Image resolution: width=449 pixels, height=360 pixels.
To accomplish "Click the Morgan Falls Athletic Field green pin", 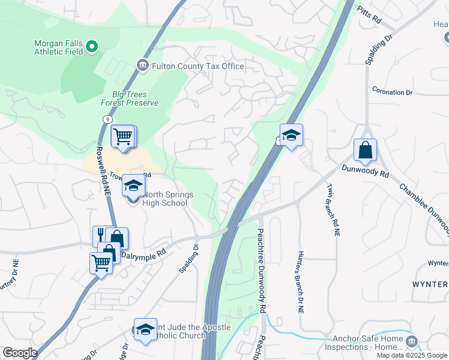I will point(92,46).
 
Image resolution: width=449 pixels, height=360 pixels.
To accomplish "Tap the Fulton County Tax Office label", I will point(197,66).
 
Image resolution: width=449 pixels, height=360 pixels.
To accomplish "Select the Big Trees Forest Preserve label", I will point(136,98).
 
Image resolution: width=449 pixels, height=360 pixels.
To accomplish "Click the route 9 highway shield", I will point(106,119).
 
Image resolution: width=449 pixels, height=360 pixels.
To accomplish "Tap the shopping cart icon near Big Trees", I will point(123,136).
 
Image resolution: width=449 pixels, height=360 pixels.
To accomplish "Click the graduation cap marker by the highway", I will point(291,136).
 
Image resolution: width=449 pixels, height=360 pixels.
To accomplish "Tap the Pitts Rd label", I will point(369,14).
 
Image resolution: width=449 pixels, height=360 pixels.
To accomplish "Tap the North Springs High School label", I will point(166,199).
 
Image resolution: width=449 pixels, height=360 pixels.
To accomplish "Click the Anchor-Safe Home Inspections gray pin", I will point(412,341).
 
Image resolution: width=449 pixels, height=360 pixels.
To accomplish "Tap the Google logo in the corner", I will point(20,353).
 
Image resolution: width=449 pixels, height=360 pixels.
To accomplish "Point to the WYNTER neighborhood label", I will point(429,284).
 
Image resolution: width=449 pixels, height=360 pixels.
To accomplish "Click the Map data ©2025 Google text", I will point(411,355).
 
